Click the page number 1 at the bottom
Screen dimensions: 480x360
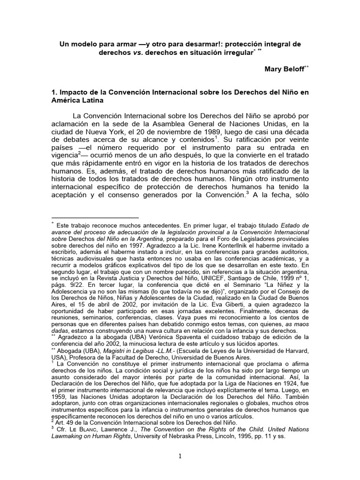coord(180,457)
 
